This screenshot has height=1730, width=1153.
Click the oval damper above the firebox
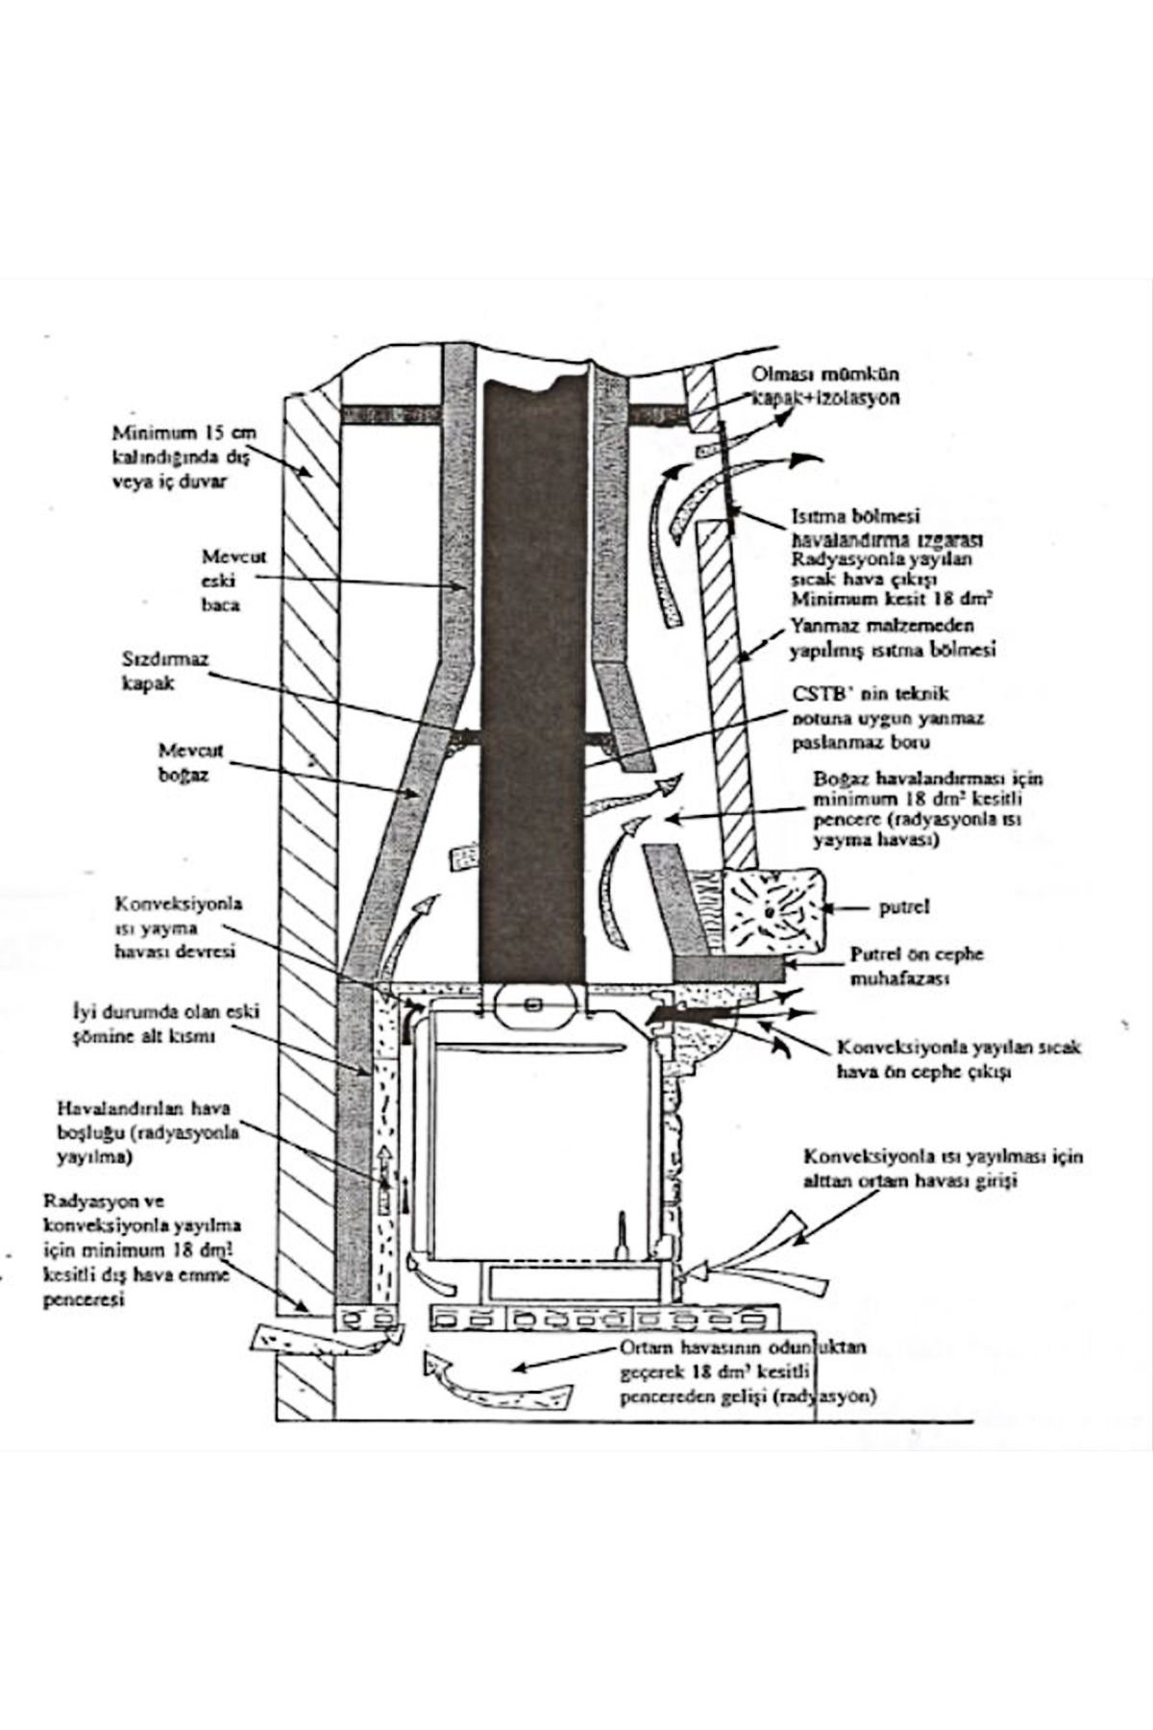pos(534,1005)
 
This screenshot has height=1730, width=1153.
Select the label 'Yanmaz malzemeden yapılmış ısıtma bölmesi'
pos(891,639)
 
